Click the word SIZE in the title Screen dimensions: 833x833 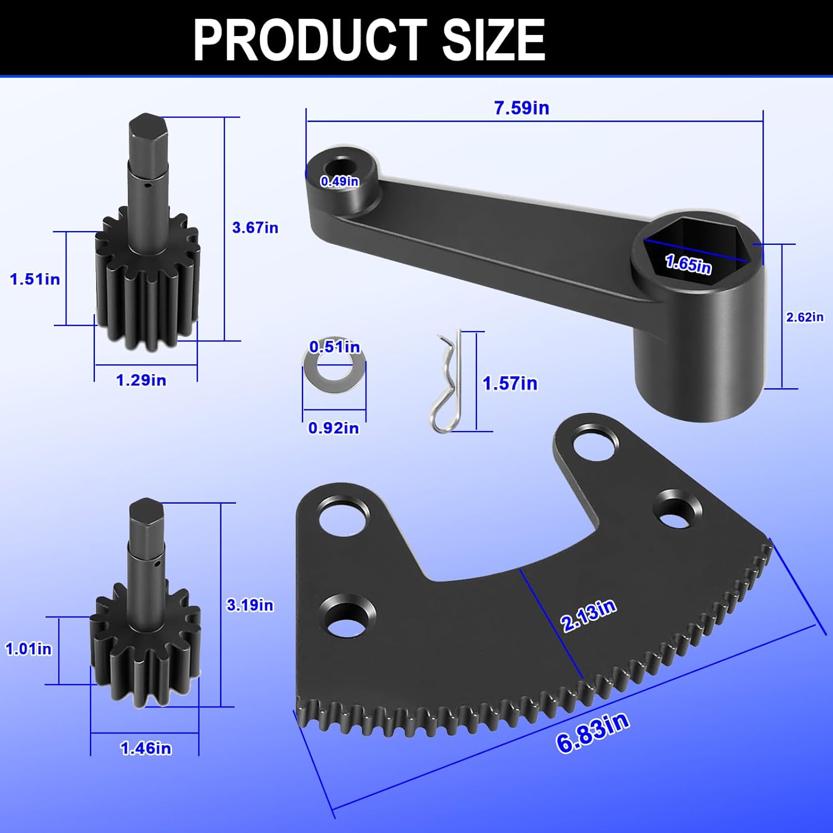pyautogui.click(x=493, y=39)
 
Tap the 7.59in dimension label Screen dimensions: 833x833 pyautogui.click(x=521, y=108)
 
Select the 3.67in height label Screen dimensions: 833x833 pyautogui.click(x=255, y=228)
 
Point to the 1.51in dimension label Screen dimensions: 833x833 pyautogui.click(x=35, y=279)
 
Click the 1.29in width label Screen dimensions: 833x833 pyautogui.click(x=141, y=380)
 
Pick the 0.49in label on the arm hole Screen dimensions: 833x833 pyautogui.click(x=340, y=181)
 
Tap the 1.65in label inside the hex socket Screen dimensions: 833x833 pyautogui.click(x=688, y=263)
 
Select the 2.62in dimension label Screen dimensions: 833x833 pyautogui.click(x=805, y=317)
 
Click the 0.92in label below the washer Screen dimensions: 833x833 pyautogui.click(x=333, y=428)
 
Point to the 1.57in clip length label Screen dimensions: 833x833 pyautogui.click(x=510, y=384)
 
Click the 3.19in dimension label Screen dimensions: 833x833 pyautogui.click(x=250, y=605)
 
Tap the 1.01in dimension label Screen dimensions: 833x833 pyautogui.click(x=28, y=649)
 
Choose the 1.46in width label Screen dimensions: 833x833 pyautogui.click(x=146, y=749)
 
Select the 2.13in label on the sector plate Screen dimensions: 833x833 pyautogui.click(x=589, y=615)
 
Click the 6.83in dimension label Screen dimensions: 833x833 pyautogui.click(x=593, y=733)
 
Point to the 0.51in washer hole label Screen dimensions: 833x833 pyautogui.click(x=334, y=347)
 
